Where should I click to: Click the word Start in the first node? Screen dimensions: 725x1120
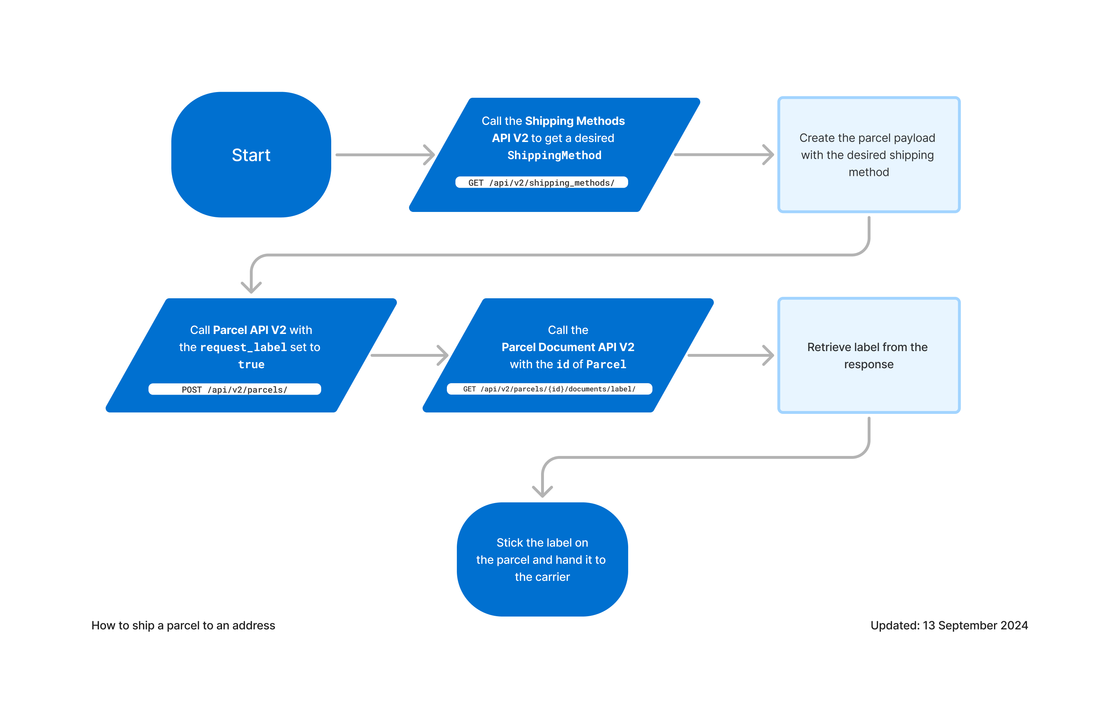(x=251, y=155)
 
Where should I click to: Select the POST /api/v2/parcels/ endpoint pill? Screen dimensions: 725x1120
(x=234, y=390)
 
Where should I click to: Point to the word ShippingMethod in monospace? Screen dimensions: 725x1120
(x=554, y=155)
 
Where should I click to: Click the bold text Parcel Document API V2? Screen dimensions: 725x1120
(x=567, y=347)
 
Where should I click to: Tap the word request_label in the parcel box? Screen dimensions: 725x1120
(x=243, y=347)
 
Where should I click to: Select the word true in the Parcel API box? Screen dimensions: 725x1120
(x=251, y=365)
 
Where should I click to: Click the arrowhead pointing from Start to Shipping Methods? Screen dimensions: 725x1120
(x=429, y=155)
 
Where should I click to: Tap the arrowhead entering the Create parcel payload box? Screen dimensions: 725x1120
(x=768, y=155)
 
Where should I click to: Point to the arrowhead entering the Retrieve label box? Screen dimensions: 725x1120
(x=768, y=355)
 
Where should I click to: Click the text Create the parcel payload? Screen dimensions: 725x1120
(x=867, y=138)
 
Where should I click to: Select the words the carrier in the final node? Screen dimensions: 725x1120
(x=542, y=577)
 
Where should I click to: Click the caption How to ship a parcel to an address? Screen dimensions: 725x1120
(x=183, y=625)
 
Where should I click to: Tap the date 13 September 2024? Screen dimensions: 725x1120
(x=975, y=625)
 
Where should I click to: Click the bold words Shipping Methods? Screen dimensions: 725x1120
(x=575, y=121)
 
